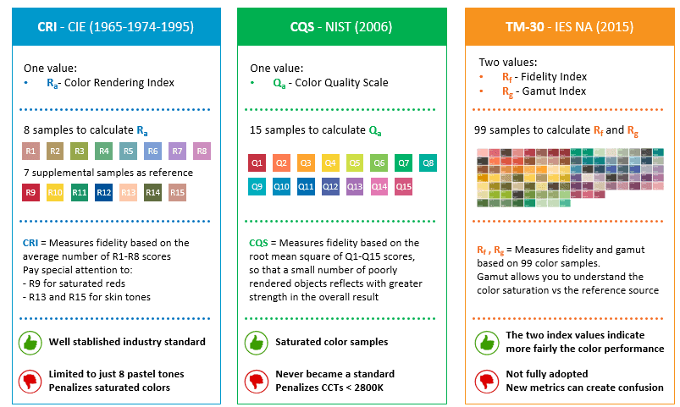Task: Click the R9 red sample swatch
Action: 31,193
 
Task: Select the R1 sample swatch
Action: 31,152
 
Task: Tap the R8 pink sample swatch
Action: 202,152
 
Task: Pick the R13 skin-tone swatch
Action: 129,193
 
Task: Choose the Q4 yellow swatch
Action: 330,162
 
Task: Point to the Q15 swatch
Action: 404,186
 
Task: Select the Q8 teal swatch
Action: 428,162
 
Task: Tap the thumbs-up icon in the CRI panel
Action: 30,343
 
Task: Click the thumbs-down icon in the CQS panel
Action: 257,379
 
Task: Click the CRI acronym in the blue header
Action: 48,27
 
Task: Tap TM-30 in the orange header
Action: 522,27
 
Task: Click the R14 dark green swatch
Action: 152,193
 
